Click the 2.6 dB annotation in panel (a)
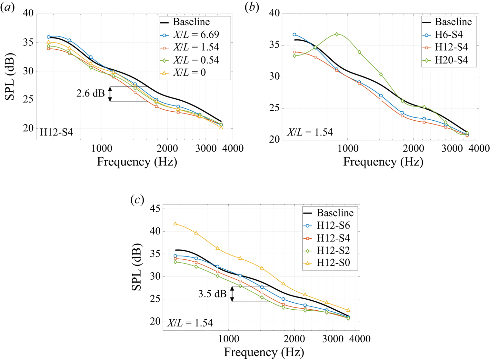click(x=90, y=94)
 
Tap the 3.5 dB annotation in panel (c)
click(x=212, y=294)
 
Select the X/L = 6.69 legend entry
click(x=196, y=35)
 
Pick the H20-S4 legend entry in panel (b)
click(x=451, y=60)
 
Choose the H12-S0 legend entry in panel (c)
click(x=333, y=263)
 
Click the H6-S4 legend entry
click(x=448, y=35)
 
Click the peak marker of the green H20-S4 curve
click(x=337, y=34)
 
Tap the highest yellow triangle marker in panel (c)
click(x=175, y=224)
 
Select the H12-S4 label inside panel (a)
click(x=56, y=132)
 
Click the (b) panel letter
click(x=252, y=7)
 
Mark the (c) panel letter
click(x=137, y=200)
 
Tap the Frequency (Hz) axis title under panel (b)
click(x=383, y=162)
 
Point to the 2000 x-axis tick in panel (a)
click(x=167, y=148)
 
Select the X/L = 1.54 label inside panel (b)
click(x=310, y=132)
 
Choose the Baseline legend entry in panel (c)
click(x=335, y=213)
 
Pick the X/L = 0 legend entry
click(x=189, y=73)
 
